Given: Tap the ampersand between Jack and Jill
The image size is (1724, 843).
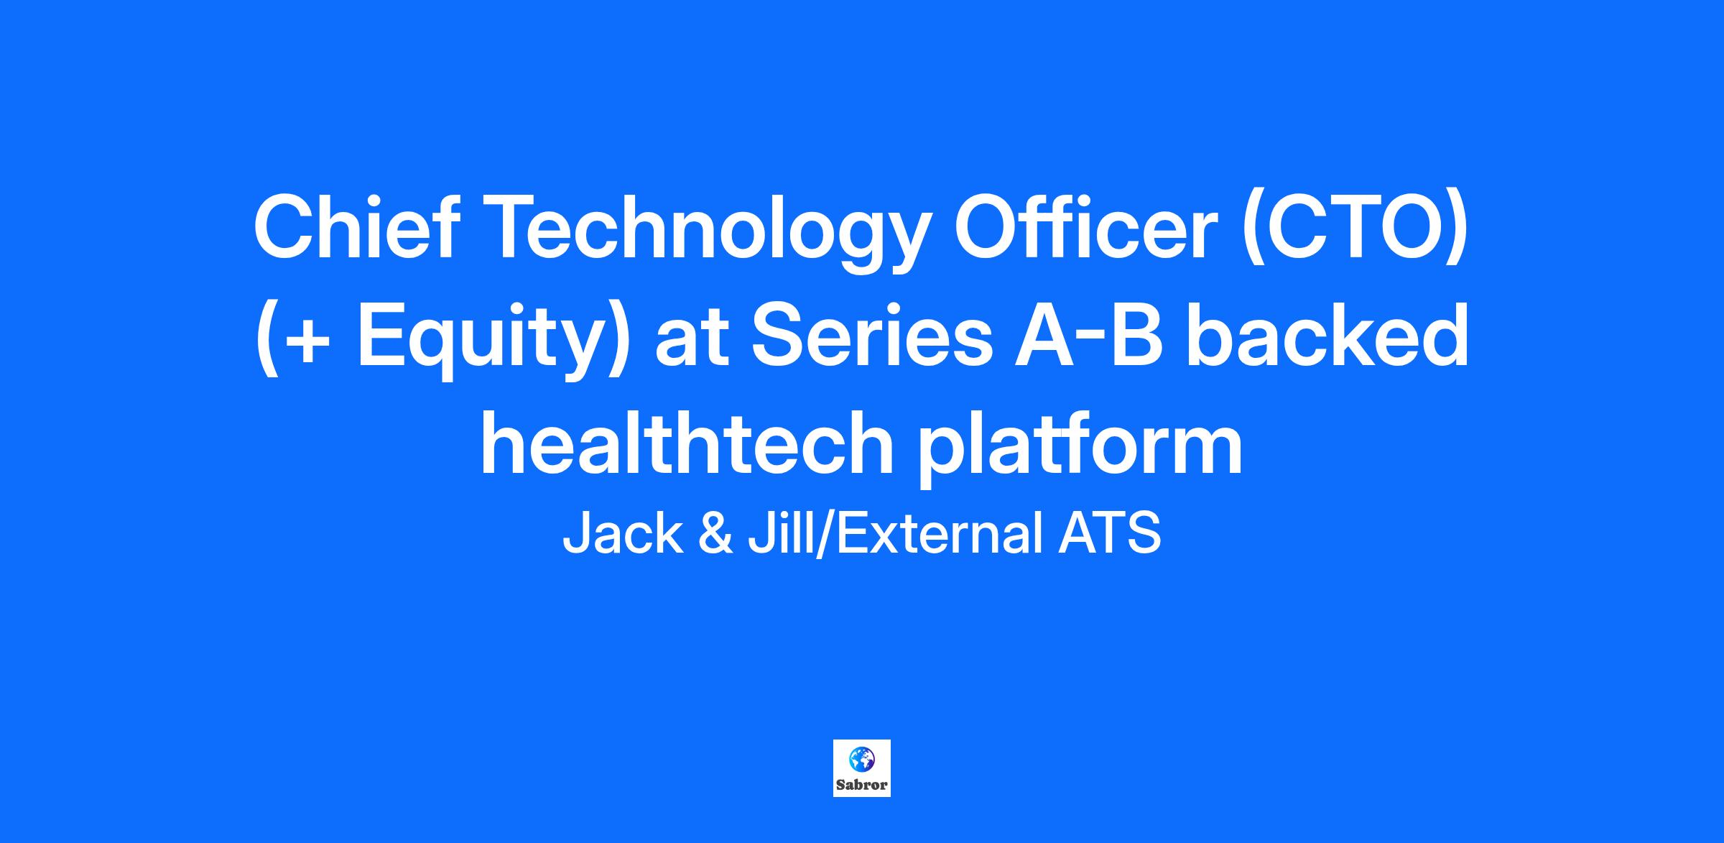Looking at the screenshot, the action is (715, 533).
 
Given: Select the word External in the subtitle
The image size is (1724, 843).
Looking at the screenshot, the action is (937, 533).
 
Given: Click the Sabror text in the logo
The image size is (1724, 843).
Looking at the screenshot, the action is (862, 785).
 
